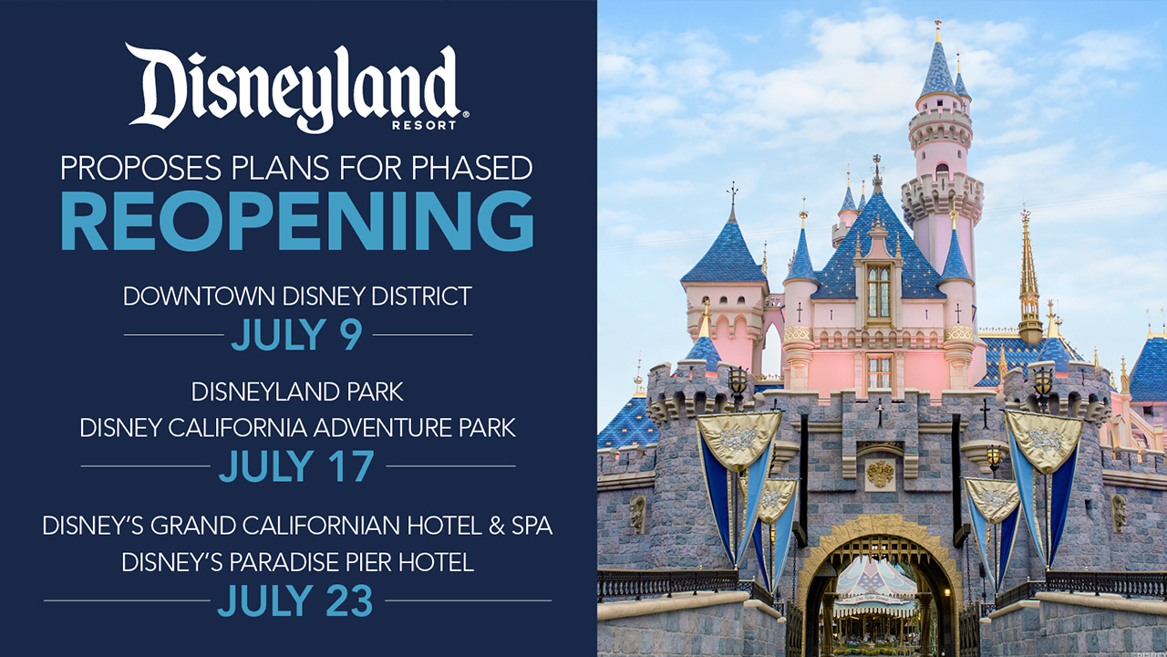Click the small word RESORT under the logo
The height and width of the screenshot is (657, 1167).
click(424, 126)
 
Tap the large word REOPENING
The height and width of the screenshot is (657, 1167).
click(297, 222)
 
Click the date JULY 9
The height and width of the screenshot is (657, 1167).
click(297, 334)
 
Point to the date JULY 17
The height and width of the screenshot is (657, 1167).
click(296, 465)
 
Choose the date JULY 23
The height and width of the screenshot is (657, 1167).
click(295, 600)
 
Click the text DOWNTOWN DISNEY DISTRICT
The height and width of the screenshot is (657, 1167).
click(297, 297)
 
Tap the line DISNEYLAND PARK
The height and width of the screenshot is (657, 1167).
click(297, 392)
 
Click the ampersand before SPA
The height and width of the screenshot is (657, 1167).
click(497, 526)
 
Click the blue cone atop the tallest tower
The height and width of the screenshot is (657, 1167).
click(939, 68)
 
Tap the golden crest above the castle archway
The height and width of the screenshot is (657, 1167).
click(881, 474)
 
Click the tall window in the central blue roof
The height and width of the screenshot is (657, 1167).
click(879, 292)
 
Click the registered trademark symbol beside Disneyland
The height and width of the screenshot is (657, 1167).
click(465, 114)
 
